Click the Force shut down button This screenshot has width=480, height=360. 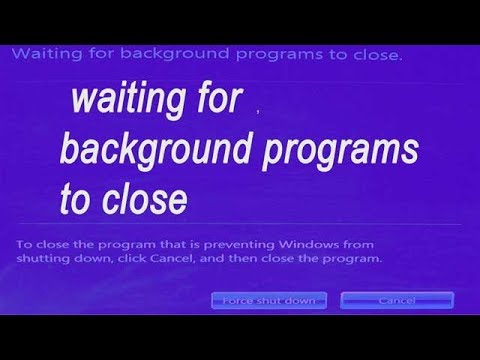pos(269,300)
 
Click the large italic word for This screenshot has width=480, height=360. pos(216,103)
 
